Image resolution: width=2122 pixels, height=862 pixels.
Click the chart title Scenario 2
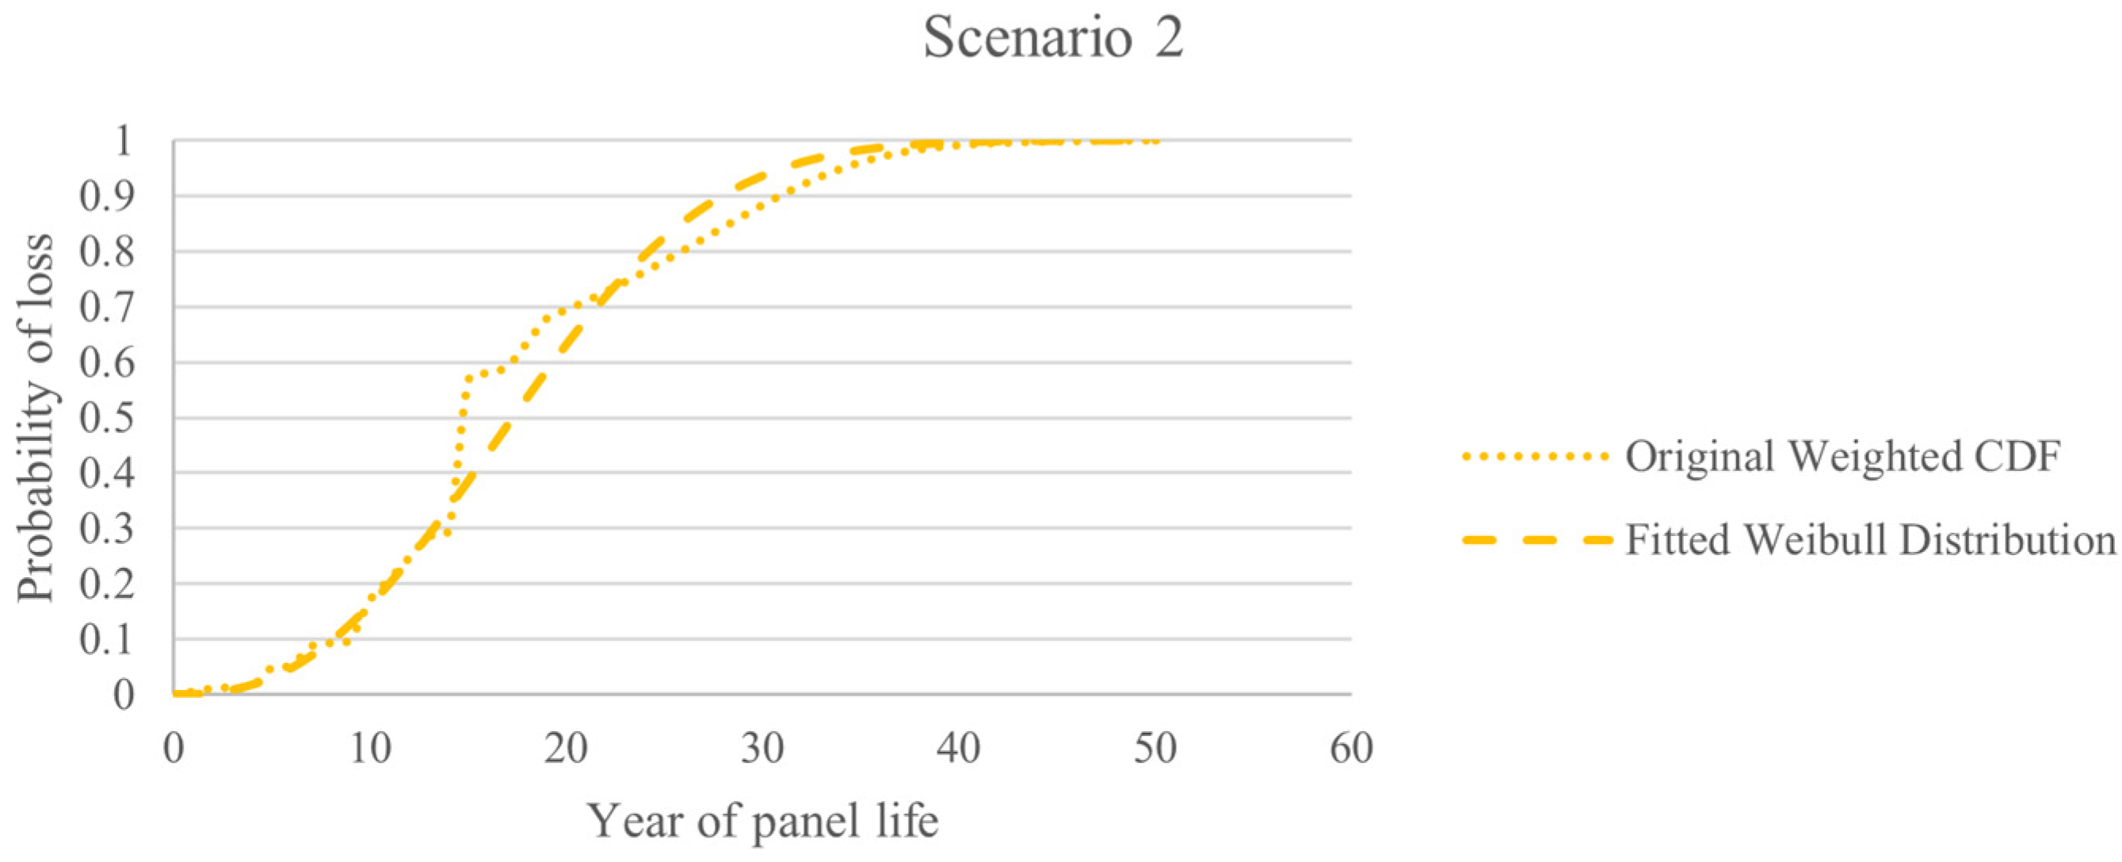pyautogui.click(x=1053, y=38)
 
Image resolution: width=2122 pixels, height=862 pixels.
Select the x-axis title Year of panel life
pyautogui.click(x=763, y=822)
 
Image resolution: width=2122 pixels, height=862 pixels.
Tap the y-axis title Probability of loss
pyautogui.click(x=36, y=418)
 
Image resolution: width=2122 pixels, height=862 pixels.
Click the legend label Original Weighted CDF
pyautogui.click(x=1842, y=457)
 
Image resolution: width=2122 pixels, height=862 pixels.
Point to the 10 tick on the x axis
pyautogui.click(x=370, y=749)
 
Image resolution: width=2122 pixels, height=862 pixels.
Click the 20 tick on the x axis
pyautogui.click(x=566, y=749)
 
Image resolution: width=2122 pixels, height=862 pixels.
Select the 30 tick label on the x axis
pyautogui.click(x=762, y=749)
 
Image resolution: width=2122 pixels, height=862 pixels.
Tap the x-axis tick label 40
pyautogui.click(x=959, y=749)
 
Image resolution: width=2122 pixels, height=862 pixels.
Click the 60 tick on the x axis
pyautogui.click(x=1351, y=749)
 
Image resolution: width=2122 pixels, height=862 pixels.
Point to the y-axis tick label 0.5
pyautogui.click(x=107, y=418)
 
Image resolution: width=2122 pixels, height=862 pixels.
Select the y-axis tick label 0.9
pyautogui.click(x=107, y=196)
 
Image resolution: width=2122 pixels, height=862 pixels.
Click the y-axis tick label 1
pyautogui.click(x=124, y=141)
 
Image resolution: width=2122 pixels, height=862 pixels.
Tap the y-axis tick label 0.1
pyautogui.click(x=107, y=639)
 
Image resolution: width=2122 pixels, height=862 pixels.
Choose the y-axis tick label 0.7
pyautogui.click(x=107, y=308)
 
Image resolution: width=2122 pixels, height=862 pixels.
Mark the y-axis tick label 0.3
pyautogui.click(x=107, y=528)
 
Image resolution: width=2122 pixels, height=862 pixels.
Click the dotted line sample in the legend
pyautogui.click(x=1536, y=456)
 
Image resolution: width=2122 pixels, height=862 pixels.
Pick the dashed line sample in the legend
pyautogui.click(x=1536, y=541)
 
